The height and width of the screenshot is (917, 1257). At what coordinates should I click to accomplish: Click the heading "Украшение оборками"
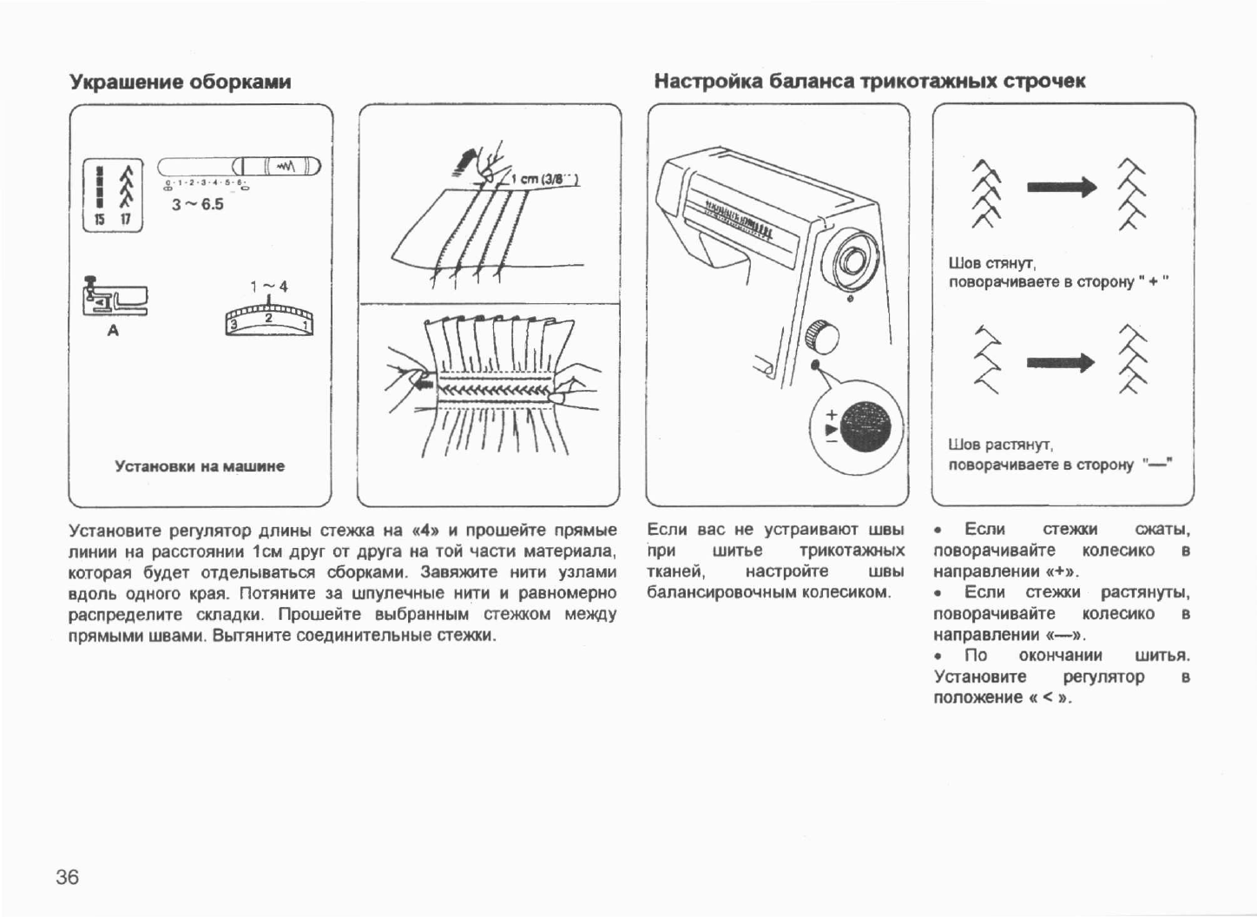click(x=180, y=82)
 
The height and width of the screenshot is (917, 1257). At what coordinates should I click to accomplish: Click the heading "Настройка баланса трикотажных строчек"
click(x=869, y=82)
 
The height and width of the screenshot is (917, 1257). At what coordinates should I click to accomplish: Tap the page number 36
click(x=67, y=877)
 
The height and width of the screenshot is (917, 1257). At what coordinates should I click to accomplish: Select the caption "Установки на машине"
click(x=200, y=466)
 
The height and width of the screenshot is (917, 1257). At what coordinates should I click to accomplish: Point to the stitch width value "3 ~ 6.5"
click(x=197, y=204)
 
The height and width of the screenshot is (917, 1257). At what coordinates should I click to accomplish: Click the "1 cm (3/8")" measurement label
click(x=545, y=181)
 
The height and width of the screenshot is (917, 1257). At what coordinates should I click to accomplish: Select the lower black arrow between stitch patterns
click(x=1061, y=362)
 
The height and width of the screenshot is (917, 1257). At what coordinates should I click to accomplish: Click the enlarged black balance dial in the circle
click(x=865, y=426)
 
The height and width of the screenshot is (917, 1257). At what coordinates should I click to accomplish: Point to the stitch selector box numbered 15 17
click(x=112, y=195)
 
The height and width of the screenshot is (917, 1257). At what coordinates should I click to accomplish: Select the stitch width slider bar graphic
click(x=239, y=167)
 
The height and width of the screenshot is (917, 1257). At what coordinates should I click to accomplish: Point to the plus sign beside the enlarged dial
click(x=832, y=414)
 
